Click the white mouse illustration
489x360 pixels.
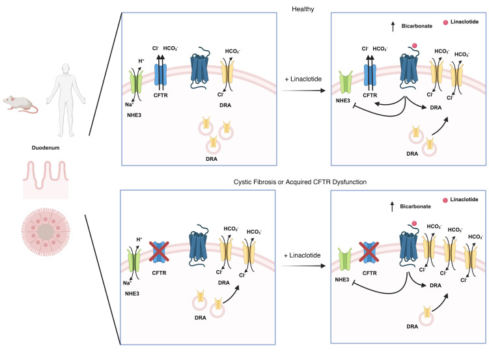point(20,104)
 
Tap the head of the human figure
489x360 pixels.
point(66,69)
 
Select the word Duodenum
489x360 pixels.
point(46,148)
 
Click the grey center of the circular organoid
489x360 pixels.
point(46,232)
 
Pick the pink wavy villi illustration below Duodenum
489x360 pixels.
point(46,180)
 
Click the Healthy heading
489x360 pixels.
point(303,9)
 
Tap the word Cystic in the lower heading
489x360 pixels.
point(242,182)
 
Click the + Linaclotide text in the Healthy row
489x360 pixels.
point(303,79)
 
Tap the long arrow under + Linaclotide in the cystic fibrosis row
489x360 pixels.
point(303,266)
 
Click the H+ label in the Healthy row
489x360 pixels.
point(141,61)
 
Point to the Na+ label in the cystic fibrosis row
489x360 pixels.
point(127,283)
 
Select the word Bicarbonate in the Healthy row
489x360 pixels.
point(417,26)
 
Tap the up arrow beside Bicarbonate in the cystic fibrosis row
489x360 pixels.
point(393,206)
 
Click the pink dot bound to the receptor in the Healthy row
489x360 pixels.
point(415,46)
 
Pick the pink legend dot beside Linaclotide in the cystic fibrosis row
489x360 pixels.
point(445,200)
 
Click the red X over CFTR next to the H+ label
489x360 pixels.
point(159,251)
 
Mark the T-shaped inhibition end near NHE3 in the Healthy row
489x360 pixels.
point(354,107)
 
